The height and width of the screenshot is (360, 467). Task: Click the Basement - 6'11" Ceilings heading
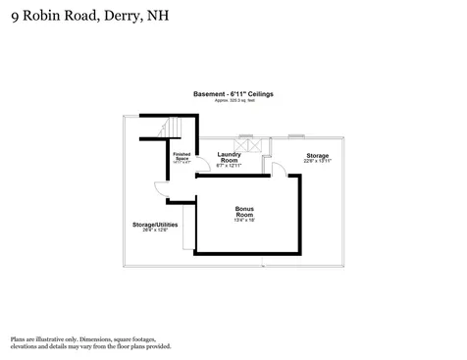pos(233,93)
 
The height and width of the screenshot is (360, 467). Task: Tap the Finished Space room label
pos(182,156)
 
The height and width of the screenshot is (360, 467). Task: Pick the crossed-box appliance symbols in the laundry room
pos(253,145)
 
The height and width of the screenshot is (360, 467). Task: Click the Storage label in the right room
pos(317,155)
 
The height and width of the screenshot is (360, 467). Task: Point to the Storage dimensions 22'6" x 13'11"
pos(317,162)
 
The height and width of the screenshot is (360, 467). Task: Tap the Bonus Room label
pos(245,210)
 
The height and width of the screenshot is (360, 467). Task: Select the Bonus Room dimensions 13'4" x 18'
pos(245,222)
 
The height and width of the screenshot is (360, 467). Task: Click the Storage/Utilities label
pos(155,224)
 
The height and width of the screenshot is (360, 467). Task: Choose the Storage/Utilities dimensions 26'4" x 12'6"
pos(155,231)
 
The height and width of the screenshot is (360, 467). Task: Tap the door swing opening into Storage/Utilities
pos(160,190)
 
